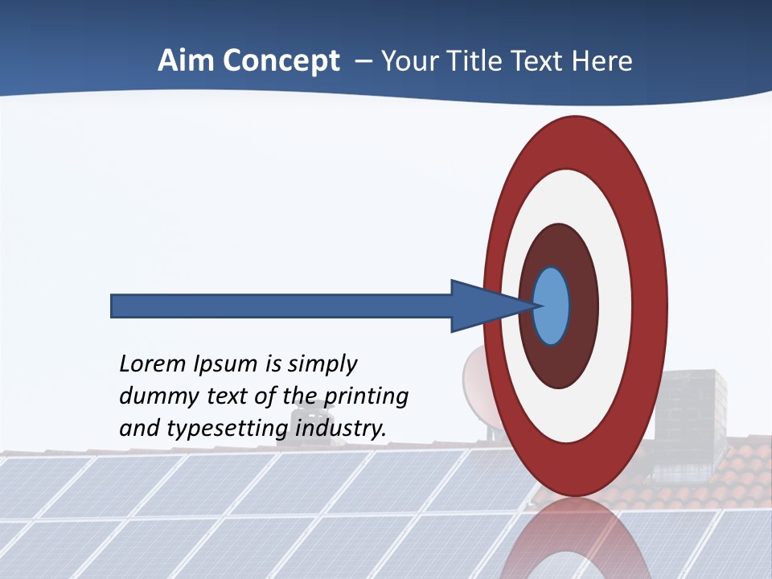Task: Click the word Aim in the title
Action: pyautogui.click(x=185, y=61)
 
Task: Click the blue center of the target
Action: pyautogui.click(x=551, y=306)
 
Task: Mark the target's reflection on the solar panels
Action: pyautogui.click(x=575, y=539)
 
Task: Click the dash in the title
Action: pyautogui.click(x=363, y=61)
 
